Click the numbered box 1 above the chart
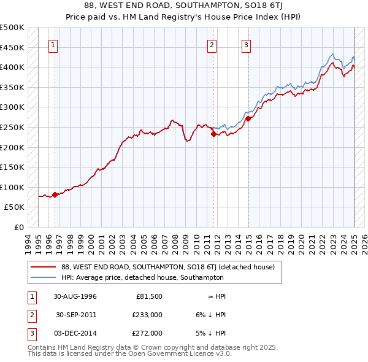pos(53,44)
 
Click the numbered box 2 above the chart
pos(212,44)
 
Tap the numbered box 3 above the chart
pos(246,44)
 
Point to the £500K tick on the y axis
pos(12,28)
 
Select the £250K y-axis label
pos(12,127)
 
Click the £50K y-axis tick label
pos(15,207)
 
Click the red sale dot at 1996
pos(55,194)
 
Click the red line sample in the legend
pos(43,267)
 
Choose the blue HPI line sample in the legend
pos(43,278)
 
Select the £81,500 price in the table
pos(149,296)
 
